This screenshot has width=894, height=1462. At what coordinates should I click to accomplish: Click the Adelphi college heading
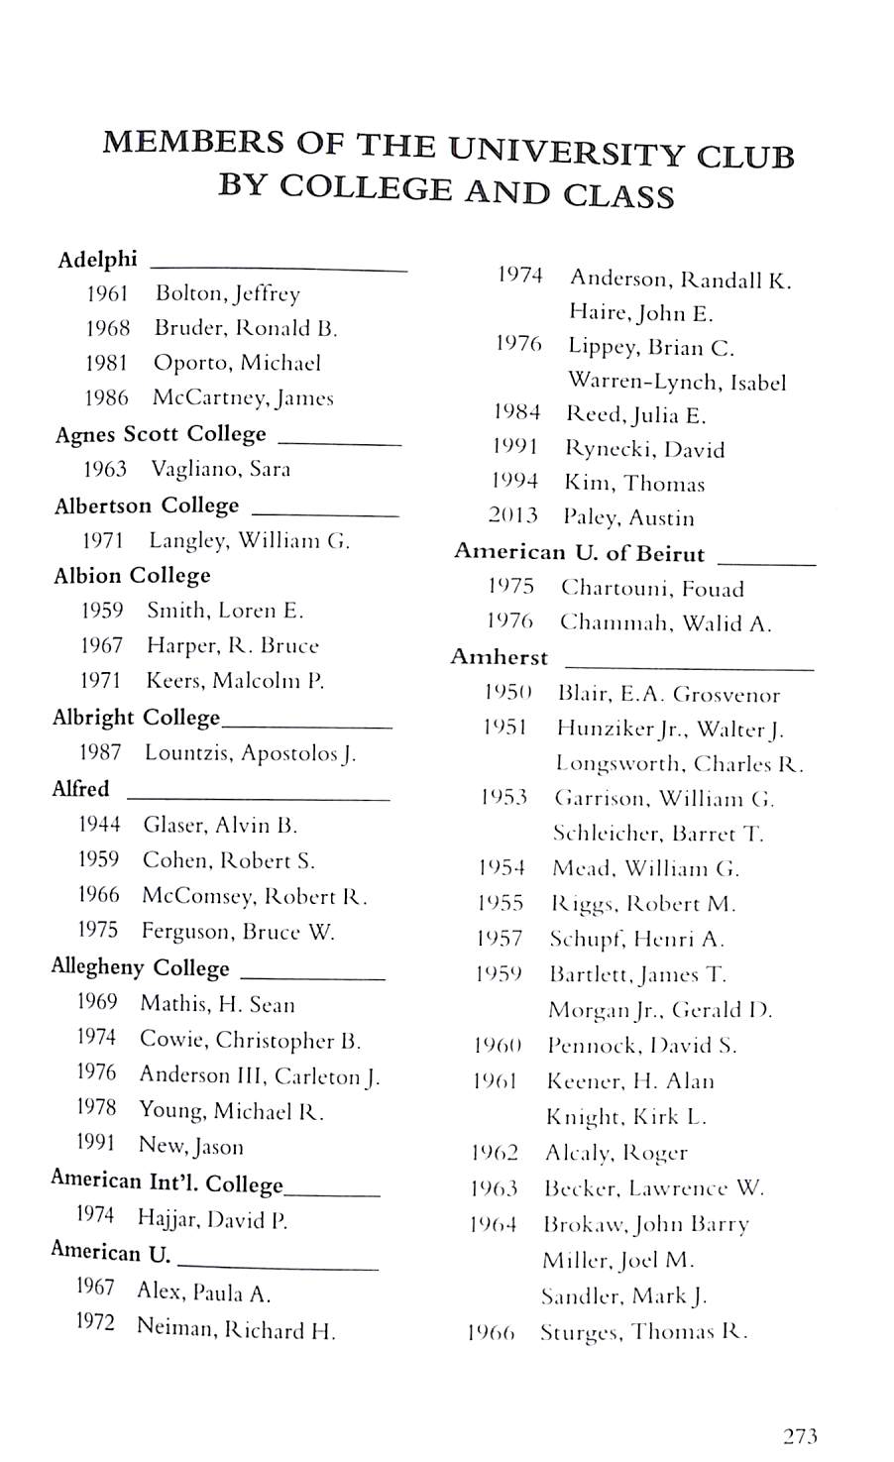pos(97,260)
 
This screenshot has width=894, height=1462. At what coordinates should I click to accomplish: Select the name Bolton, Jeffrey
pos(227,293)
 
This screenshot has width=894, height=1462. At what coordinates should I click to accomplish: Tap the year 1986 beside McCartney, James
pos(107,397)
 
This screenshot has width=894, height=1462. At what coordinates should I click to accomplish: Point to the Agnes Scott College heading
pos(161,434)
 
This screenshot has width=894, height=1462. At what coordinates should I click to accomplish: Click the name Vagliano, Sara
pos(220,469)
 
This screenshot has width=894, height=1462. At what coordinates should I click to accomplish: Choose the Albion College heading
pos(132,576)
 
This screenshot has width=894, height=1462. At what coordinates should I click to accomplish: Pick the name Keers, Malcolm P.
pos(235,681)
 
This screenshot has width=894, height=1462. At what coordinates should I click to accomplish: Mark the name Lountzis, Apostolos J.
pos(250,752)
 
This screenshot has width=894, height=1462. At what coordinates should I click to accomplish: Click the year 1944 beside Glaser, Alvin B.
pos(99,824)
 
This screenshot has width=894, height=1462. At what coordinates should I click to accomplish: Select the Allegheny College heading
pos(140,967)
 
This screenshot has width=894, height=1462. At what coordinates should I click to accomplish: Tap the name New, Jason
pos(190,1147)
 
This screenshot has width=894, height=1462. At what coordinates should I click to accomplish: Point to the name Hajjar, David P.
pos(212,1219)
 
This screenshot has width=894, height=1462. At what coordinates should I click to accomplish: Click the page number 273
pos(800,1435)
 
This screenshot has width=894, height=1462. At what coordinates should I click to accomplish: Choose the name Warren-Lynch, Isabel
pos(677,382)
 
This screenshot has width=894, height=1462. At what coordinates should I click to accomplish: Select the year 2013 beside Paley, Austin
pos(512,515)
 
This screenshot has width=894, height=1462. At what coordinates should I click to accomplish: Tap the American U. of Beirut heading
pos(579,553)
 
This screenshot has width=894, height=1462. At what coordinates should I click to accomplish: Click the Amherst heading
pos(499,657)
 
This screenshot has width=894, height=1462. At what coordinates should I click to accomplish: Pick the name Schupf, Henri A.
pos(637,939)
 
